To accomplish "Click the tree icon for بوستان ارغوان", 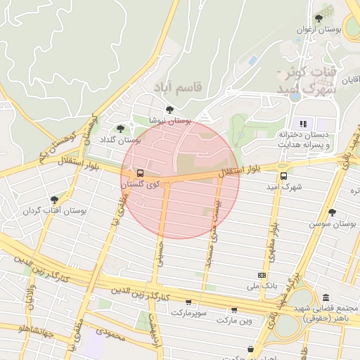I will pos(319,19).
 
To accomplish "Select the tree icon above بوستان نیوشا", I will pos(169,109).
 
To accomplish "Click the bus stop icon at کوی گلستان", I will pos(140,172).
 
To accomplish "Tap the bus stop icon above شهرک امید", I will pos(283,176).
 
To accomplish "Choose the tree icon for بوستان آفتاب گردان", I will pos(54,200).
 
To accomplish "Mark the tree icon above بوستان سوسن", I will pos(333,212).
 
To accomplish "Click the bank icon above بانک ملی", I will pos(262,275).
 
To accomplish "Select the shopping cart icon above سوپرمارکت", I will pos(188,301).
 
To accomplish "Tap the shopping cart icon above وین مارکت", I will pos(233,309).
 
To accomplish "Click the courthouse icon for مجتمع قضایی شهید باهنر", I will pos(326,297).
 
